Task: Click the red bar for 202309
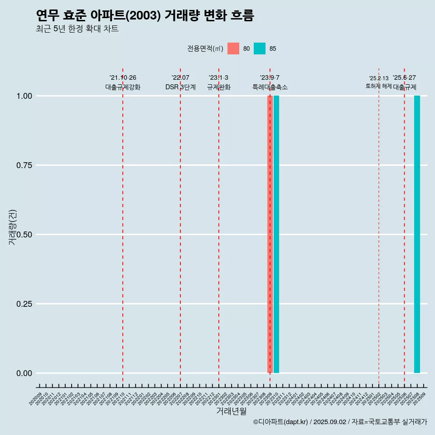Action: coord(270,234)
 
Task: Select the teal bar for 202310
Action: coord(276,234)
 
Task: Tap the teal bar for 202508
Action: coord(417,234)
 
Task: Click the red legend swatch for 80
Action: coord(233,48)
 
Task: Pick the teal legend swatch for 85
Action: coord(260,48)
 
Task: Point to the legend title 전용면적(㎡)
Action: coord(205,48)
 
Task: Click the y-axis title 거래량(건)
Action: coord(13,227)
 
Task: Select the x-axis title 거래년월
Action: coord(232,411)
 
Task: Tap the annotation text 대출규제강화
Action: coord(123,87)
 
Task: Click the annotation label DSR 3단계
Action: coord(180,87)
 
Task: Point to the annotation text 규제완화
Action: coord(219,87)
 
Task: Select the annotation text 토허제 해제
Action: coord(379,86)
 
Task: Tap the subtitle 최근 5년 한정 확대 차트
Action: coord(77,29)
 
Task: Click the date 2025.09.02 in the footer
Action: coord(329,422)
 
